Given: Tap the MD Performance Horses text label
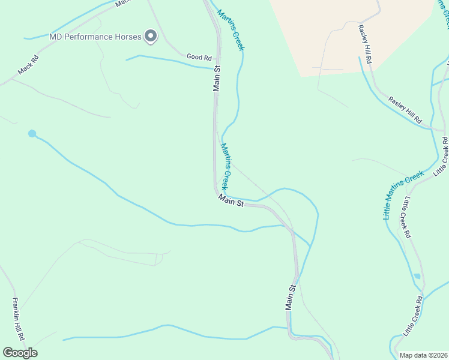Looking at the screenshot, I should click(x=95, y=37).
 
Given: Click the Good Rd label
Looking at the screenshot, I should click(x=199, y=58).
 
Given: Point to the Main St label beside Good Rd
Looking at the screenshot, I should click(x=217, y=79).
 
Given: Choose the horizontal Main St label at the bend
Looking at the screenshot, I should click(x=231, y=201).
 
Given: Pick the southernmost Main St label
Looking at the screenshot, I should click(x=291, y=298).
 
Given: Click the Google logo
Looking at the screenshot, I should click(x=20, y=353).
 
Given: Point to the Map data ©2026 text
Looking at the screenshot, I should click(x=423, y=355).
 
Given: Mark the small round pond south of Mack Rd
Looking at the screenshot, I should click(x=32, y=133).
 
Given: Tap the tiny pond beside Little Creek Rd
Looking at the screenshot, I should click(x=417, y=276).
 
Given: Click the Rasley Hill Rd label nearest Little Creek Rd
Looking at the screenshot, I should click(x=405, y=109).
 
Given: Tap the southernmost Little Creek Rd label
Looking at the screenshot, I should click(x=413, y=316).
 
